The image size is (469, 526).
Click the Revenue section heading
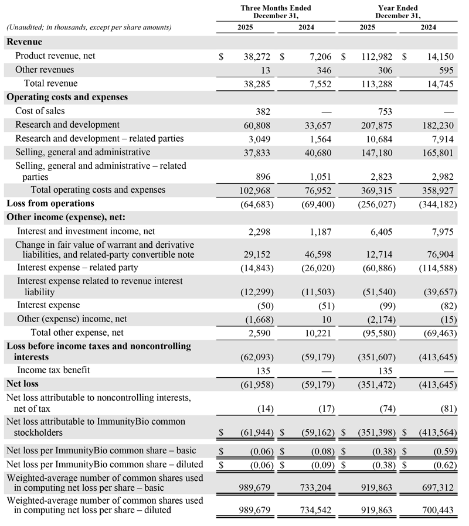(24, 42)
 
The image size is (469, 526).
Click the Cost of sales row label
(40, 111)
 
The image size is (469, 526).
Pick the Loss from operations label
(50, 203)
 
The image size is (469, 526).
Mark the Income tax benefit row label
(53, 370)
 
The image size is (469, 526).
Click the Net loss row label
(22, 384)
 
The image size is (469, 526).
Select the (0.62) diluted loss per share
(441, 465)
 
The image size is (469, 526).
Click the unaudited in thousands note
(89, 28)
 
